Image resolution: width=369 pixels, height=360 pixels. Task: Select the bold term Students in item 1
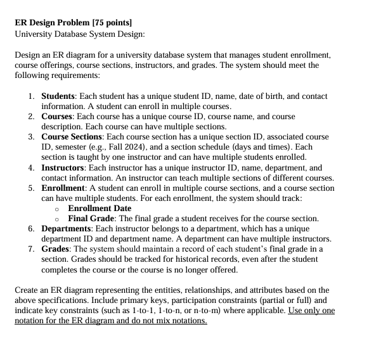(x=58, y=96)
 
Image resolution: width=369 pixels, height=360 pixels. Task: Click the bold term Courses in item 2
(x=57, y=117)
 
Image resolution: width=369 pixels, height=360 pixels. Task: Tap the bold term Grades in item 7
(x=56, y=249)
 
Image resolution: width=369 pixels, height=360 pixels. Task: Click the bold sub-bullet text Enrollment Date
(x=100, y=209)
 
